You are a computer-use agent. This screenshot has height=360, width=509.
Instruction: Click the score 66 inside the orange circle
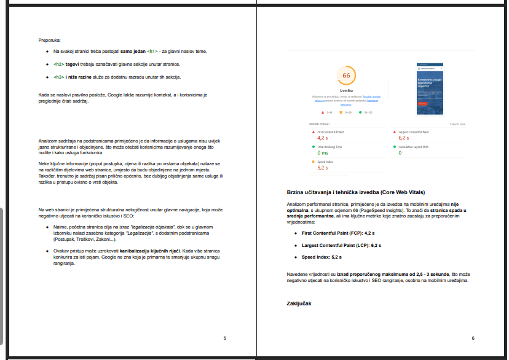click(346, 76)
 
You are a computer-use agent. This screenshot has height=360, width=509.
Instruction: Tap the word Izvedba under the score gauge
click(346, 90)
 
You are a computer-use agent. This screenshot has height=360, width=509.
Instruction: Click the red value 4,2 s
click(322, 138)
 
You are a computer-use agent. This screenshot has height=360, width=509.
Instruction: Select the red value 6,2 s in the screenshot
click(404, 138)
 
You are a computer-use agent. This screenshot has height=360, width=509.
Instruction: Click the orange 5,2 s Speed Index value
click(322, 167)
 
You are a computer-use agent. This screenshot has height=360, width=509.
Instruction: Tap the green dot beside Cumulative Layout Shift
click(395, 147)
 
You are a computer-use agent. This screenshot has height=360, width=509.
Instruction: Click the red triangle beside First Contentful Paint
click(314, 132)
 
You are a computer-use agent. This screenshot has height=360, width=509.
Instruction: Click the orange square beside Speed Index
click(314, 162)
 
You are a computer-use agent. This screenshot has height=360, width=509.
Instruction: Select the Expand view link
click(457, 123)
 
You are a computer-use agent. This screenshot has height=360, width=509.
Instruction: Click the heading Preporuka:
click(49, 40)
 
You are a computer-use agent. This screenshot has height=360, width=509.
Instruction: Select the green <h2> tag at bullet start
click(59, 64)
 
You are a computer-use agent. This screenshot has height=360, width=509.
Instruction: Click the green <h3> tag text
click(59, 77)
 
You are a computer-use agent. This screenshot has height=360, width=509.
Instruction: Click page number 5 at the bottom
click(224, 338)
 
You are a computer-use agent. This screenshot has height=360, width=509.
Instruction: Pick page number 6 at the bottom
click(473, 338)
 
